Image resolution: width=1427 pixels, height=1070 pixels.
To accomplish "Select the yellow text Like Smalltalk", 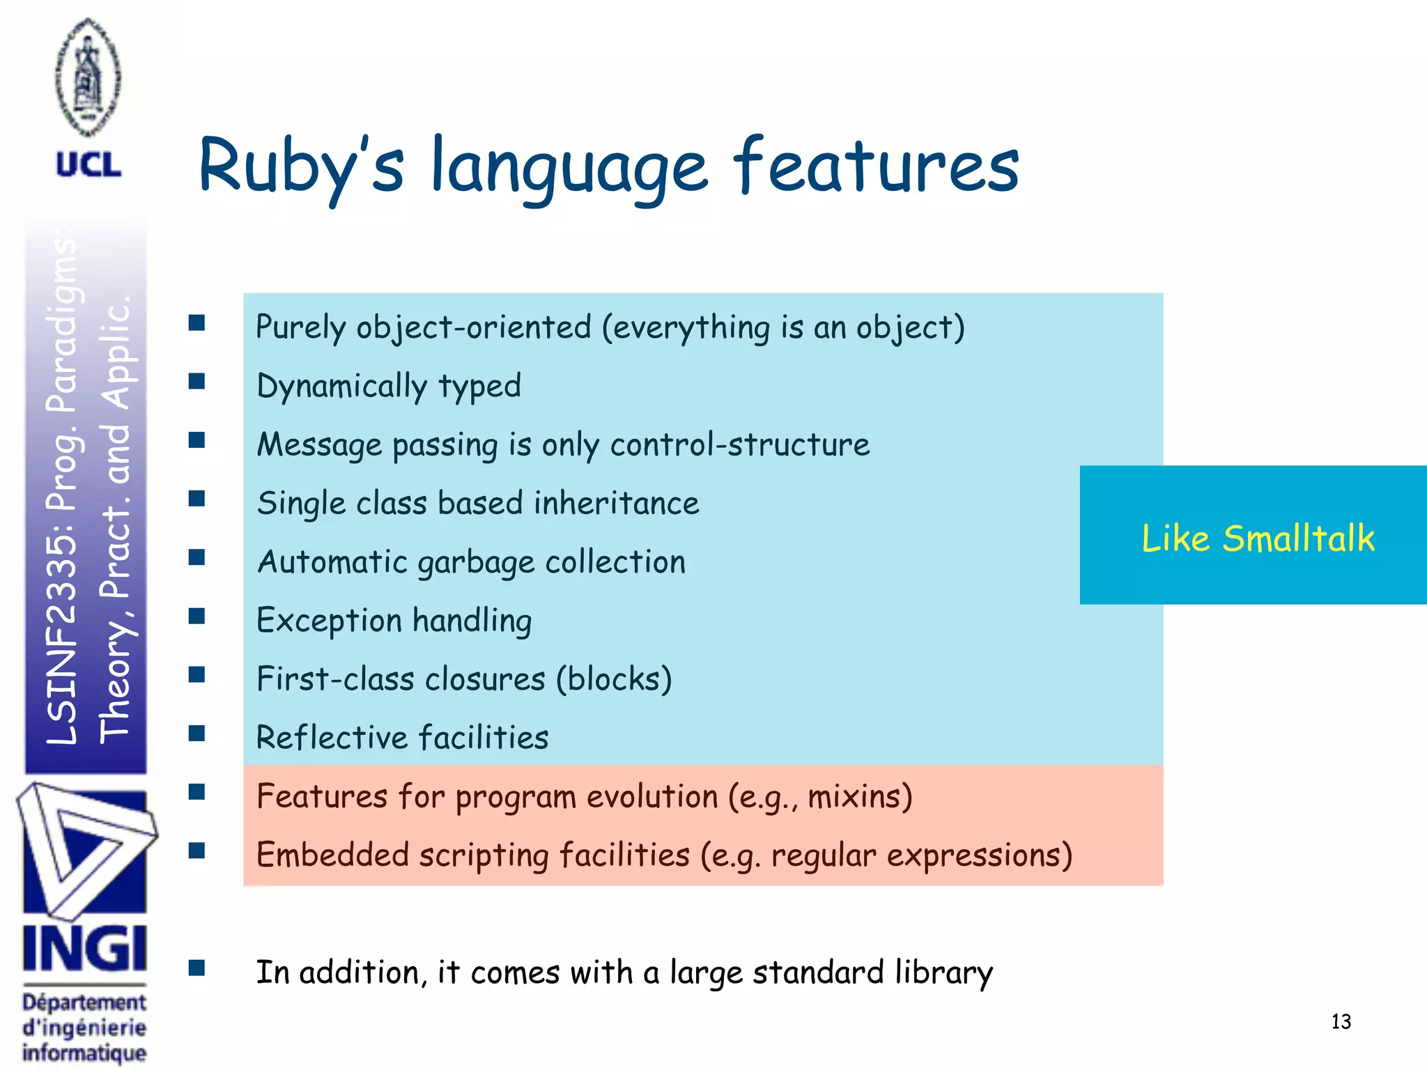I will (x=1258, y=538).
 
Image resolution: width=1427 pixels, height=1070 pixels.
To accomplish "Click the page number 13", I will (x=1341, y=1022).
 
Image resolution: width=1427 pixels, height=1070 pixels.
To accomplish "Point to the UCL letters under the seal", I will (x=88, y=165).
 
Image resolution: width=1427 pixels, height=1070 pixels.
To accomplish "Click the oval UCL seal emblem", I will (x=88, y=77).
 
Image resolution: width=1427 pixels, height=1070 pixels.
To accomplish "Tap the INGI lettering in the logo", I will (x=84, y=949).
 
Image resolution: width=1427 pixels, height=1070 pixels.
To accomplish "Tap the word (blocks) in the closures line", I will (x=613, y=679).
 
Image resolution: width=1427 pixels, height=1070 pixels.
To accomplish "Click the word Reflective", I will (x=331, y=738).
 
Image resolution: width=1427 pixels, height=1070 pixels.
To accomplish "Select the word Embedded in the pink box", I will (x=332, y=855).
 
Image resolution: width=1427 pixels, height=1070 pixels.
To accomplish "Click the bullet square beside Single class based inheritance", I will (x=196, y=499).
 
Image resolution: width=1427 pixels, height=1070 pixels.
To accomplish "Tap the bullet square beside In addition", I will (x=196, y=968).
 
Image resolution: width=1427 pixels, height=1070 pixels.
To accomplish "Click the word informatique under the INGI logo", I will (x=84, y=1052).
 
